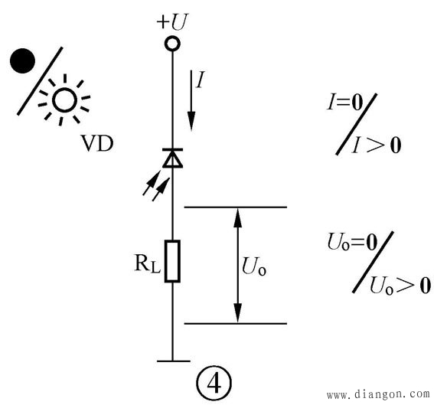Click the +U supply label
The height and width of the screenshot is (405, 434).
coord(172,21)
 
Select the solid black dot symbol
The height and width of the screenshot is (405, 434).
coord(22,61)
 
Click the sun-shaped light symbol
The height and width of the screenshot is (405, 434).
coord(64,100)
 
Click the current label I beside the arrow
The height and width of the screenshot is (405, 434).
coord(200,80)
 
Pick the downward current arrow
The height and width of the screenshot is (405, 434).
coord(191,100)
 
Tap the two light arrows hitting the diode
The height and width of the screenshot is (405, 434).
coord(156,186)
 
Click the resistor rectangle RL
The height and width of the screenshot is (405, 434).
coord(172,261)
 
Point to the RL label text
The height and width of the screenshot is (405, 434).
coord(148,263)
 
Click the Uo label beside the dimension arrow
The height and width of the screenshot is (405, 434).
coord(254,266)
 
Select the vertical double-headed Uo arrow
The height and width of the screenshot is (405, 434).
coord(237,265)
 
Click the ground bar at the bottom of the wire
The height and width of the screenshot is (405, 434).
coord(174,361)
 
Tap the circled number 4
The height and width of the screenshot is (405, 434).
coord(214,384)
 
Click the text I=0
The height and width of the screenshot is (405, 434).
coord(345,102)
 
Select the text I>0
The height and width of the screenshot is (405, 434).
coord(377,145)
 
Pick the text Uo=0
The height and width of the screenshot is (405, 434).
coord(352,242)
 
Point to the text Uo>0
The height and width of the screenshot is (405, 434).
coord(400,285)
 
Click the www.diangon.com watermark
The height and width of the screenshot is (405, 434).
coord(378,394)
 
